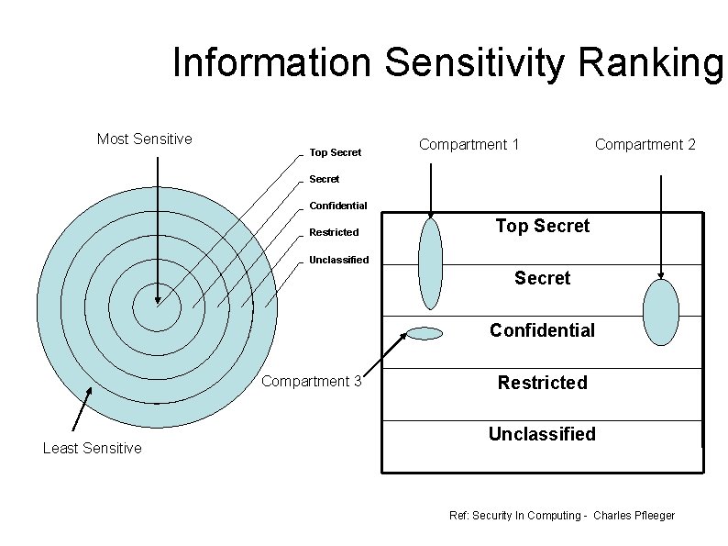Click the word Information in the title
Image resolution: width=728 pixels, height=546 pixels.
click(272, 63)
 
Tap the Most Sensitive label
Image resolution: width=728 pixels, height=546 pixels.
click(145, 139)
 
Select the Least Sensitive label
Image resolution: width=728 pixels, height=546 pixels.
click(93, 448)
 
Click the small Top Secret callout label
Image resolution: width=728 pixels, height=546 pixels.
click(335, 152)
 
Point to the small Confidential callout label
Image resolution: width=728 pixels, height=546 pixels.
click(337, 206)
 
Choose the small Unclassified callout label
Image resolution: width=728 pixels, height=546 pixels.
click(338, 260)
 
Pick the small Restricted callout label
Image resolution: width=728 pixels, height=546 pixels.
click(334, 232)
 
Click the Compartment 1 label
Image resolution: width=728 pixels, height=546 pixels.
click(469, 144)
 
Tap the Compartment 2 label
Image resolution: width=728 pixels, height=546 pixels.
click(645, 144)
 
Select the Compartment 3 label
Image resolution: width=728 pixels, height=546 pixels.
click(312, 382)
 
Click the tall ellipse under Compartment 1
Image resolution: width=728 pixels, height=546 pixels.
click(430, 263)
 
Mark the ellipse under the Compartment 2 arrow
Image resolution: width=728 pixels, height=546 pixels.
click(661, 312)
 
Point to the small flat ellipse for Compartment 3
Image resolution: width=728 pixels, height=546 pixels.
click(424, 334)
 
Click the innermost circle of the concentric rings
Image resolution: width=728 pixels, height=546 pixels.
click(157, 307)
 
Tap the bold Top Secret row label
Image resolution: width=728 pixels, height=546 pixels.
click(542, 226)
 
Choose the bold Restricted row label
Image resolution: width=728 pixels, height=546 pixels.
click(542, 383)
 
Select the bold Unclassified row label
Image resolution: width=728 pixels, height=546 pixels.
click(542, 434)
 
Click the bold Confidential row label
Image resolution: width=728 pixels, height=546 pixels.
click(542, 330)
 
